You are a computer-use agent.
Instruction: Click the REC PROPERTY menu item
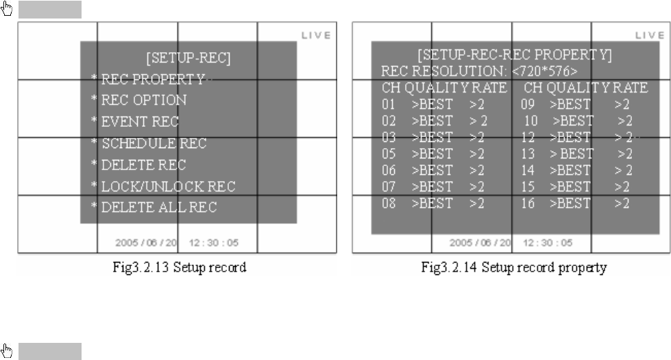coord(152,79)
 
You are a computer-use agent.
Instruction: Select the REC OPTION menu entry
coord(143,100)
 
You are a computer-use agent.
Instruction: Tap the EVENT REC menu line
coord(140,122)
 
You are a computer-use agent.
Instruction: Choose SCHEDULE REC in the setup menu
coord(154,144)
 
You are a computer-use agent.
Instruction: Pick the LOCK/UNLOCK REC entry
coord(167,187)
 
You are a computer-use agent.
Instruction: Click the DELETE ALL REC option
coord(159,208)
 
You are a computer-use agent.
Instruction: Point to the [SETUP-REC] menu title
coord(188,58)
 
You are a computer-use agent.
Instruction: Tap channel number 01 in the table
coord(389,105)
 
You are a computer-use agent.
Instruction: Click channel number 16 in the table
coord(527,204)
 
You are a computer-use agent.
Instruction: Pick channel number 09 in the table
coord(527,105)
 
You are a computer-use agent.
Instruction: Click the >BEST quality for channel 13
coord(571,154)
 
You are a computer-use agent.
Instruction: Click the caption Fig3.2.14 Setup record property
coord(513,267)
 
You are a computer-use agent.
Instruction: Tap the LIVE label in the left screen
coord(317,35)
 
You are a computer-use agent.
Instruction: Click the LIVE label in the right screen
coord(650,35)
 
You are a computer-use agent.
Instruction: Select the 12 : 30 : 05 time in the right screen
coord(547,243)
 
